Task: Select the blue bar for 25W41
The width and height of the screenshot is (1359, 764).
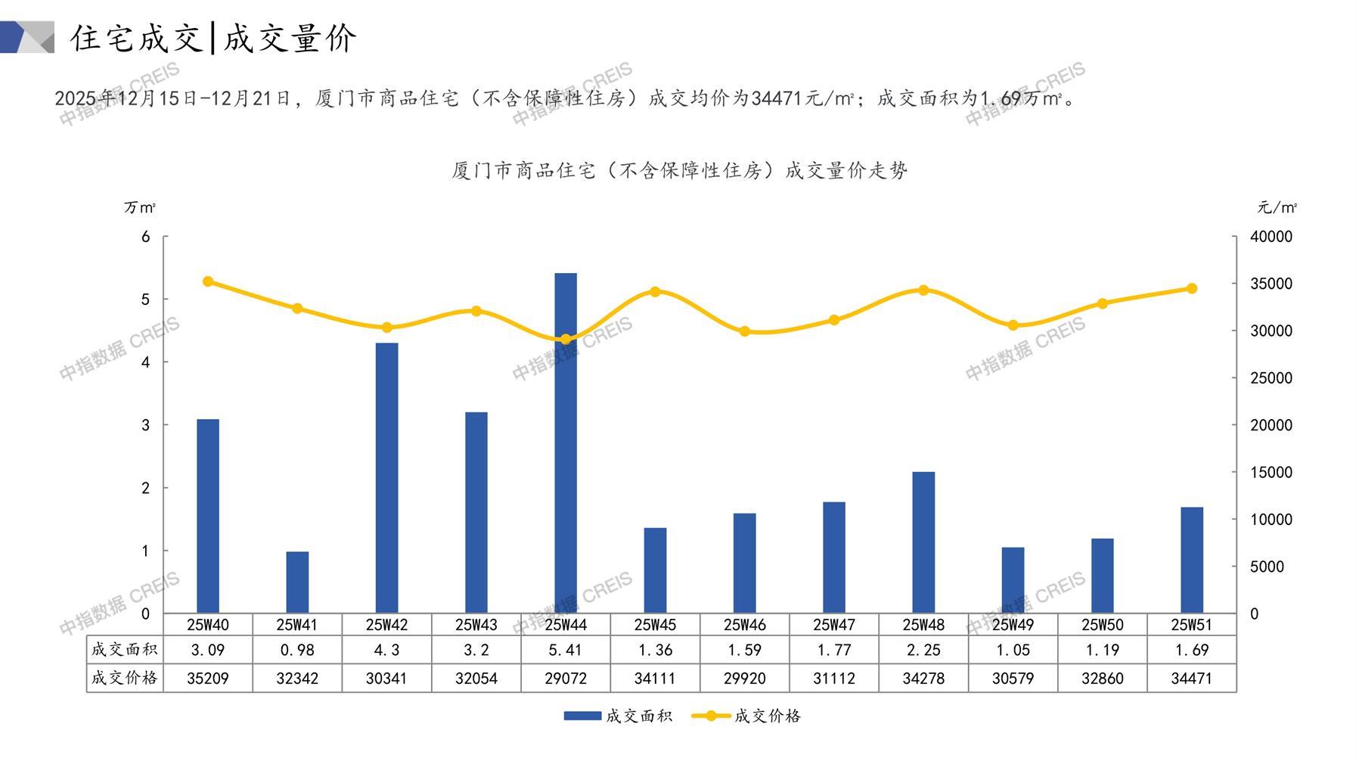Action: pyautogui.click(x=297, y=582)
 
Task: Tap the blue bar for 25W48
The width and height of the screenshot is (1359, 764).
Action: pyautogui.click(x=923, y=542)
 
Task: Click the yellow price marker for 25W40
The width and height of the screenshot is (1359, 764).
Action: pyautogui.click(x=208, y=281)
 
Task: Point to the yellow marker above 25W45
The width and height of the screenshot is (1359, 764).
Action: pyautogui.click(x=655, y=292)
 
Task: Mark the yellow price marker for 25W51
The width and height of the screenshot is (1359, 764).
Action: pyautogui.click(x=1191, y=288)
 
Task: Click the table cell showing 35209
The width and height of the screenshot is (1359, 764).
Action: pyautogui.click(x=208, y=679)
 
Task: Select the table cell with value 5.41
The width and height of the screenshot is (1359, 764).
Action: pyautogui.click(x=565, y=650)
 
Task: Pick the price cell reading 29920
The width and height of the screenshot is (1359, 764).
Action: pyautogui.click(x=744, y=679)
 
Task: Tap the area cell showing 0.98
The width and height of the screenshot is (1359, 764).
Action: pyautogui.click(x=297, y=650)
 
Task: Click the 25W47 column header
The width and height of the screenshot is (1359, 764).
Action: pyautogui.click(x=833, y=625)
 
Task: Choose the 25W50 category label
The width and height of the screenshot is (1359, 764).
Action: pyautogui.click(x=1102, y=625)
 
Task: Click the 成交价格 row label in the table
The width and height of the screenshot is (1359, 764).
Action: pyautogui.click(x=125, y=678)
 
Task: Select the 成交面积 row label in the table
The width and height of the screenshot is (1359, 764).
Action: pyautogui.click(x=125, y=649)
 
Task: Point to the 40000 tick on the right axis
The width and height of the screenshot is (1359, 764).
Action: pyautogui.click(x=1271, y=237)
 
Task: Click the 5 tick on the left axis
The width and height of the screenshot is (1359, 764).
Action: pyautogui.click(x=146, y=300)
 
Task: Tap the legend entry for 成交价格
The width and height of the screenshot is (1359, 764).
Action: pyautogui.click(x=766, y=716)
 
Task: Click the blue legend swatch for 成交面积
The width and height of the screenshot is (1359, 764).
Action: pyautogui.click(x=582, y=716)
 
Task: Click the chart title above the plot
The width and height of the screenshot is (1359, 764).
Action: pyautogui.click(x=679, y=170)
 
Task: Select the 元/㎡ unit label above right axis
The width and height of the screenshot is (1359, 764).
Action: pyautogui.click(x=1277, y=207)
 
